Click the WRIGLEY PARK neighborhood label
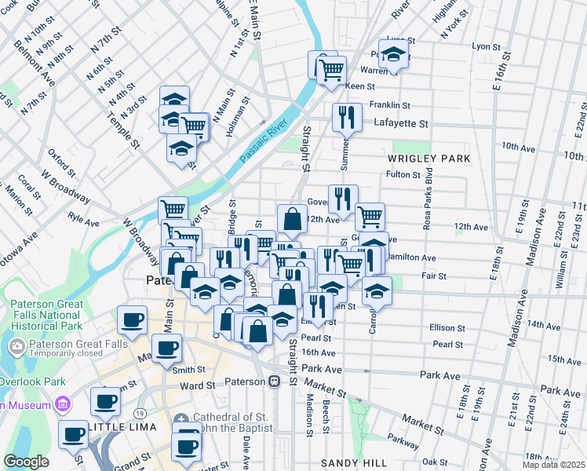pyautogui.click(x=428, y=159)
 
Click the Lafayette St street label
pyautogui.click(x=401, y=123)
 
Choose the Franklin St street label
pyautogui.click(x=390, y=104)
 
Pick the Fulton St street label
pyautogui.click(x=405, y=174)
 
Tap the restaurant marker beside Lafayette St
pyautogui.click(x=346, y=119)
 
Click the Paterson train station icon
pyautogui.click(x=274, y=382)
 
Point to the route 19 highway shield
pyautogui.click(x=139, y=413)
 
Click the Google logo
pyautogui.click(x=26, y=462)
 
